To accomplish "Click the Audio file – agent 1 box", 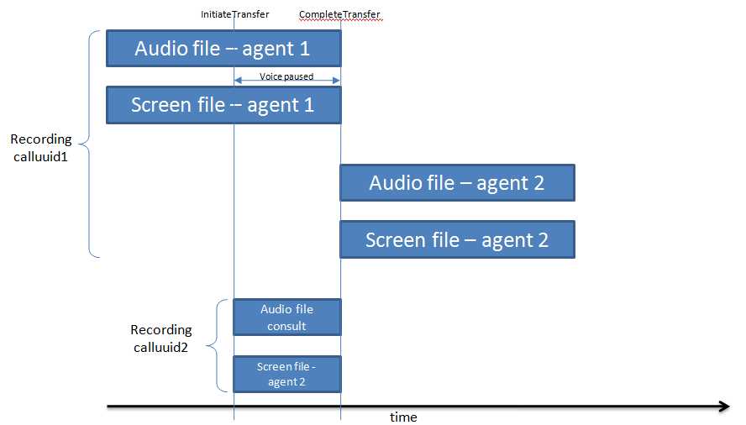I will [x=223, y=48].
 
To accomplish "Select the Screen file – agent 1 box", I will [x=223, y=105].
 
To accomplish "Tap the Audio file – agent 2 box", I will [x=457, y=183].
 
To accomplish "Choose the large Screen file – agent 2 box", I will [x=457, y=239].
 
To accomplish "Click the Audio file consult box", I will [x=286, y=317].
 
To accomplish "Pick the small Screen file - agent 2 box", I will [x=286, y=374].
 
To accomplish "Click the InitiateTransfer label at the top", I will [x=235, y=15].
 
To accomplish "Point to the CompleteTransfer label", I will [x=340, y=15].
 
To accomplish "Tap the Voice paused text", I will [x=286, y=76].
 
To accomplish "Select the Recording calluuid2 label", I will [x=161, y=338].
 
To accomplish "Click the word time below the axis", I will [x=403, y=417].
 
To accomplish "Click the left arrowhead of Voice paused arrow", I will [x=238, y=81].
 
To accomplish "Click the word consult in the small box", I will [x=286, y=326].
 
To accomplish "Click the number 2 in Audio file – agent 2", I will [x=537, y=183].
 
